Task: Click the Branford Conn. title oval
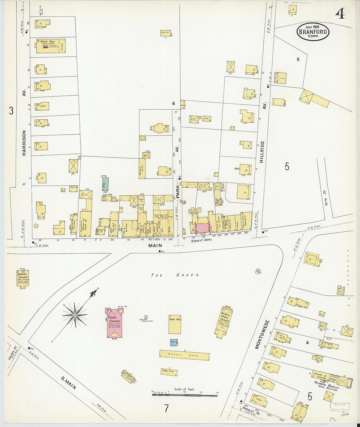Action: click(313, 32)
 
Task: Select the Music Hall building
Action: click(51, 46)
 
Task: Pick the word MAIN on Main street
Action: click(155, 245)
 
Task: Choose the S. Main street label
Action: click(69, 383)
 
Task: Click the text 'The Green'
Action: click(175, 275)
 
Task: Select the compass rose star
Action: click(75, 315)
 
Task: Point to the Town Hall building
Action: click(175, 324)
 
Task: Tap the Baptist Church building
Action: click(23, 278)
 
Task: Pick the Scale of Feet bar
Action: click(185, 395)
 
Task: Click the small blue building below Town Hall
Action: click(174, 342)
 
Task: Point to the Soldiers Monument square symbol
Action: click(146, 317)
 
